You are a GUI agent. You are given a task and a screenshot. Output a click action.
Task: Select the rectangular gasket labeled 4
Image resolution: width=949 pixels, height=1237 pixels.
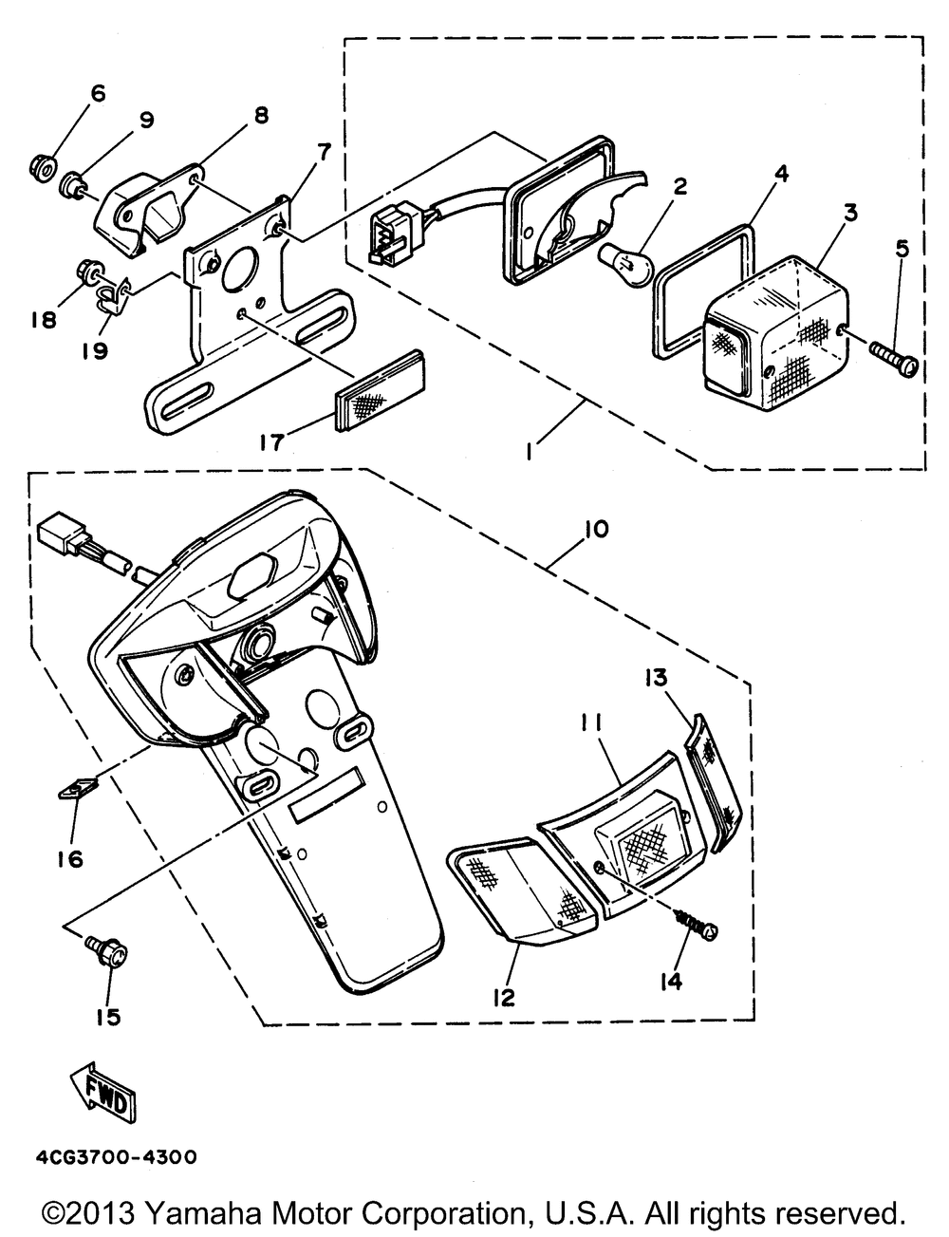(703, 290)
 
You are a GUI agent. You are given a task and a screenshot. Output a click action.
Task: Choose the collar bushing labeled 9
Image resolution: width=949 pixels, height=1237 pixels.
(73, 184)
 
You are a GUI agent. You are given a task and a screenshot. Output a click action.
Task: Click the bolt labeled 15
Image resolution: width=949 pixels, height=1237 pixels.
(107, 952)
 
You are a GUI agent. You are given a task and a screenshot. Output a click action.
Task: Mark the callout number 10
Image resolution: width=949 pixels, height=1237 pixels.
(595, 529)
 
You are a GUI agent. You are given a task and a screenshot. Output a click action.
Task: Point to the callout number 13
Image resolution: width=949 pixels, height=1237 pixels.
(656, 678)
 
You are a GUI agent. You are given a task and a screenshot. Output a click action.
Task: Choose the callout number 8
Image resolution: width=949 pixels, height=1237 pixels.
(261, 115)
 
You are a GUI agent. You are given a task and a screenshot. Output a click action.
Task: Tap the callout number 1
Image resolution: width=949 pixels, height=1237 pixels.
(530, 452)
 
